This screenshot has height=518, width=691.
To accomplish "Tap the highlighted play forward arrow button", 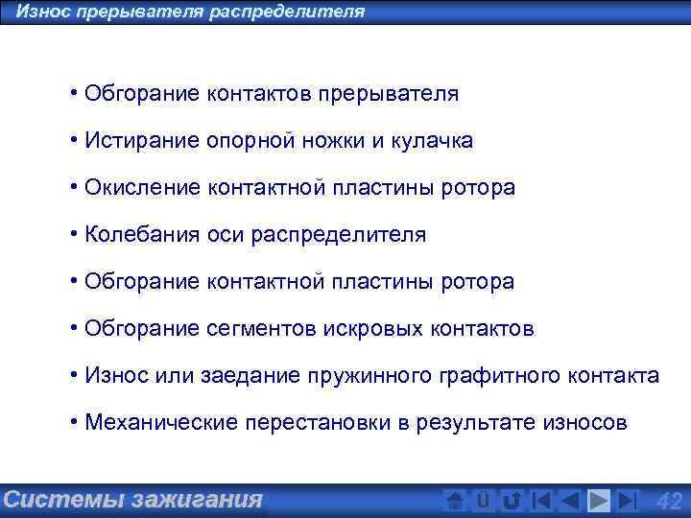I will tap(599, 501).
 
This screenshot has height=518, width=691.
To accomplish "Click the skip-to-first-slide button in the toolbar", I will tap(542, 501).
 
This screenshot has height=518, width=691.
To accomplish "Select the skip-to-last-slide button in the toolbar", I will tap(628, 501).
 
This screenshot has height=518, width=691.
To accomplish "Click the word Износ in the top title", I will tap(41, 12).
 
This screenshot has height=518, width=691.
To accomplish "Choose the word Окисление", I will tap(142, 188).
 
